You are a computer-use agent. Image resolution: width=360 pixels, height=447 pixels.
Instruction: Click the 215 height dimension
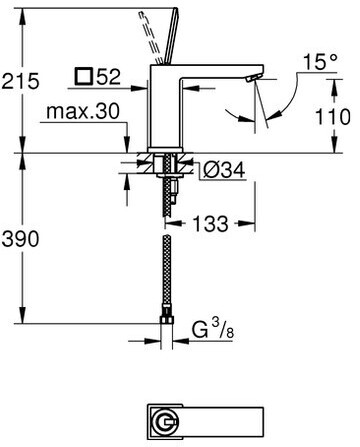click(20, 81)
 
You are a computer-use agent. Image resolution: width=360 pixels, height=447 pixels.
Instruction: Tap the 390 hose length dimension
click(20, 239)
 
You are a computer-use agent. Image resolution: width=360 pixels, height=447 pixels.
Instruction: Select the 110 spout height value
click(333, 117)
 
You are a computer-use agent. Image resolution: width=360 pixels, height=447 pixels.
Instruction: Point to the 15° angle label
click(320, 62)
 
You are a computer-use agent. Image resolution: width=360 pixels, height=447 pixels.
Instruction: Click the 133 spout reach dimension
click(211, 224)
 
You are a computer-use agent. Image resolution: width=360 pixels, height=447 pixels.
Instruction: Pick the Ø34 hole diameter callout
click(224, 170)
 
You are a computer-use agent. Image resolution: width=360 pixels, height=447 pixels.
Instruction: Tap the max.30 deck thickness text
click(83, 111)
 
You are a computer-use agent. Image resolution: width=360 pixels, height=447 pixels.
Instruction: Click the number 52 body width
click(108, 77)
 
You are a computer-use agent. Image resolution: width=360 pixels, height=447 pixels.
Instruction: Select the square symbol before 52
click(83, 76)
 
